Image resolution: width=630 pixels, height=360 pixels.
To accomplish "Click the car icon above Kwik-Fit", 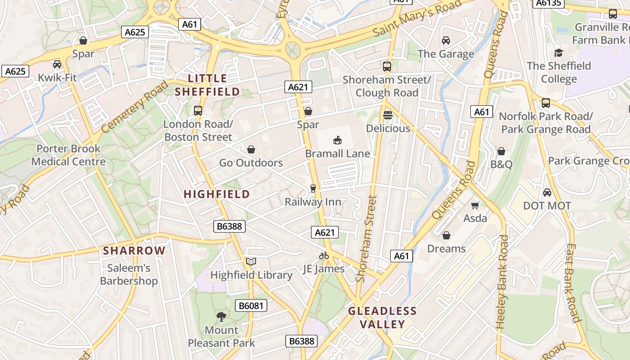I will [x=57, y=64].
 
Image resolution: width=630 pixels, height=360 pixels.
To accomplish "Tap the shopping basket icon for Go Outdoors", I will [x=251, y=149].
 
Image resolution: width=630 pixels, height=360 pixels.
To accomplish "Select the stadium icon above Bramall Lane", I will [x=337, y=140].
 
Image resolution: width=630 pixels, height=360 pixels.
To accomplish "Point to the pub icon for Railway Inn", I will [x=313, y=189].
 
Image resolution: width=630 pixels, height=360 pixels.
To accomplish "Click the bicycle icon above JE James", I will [x=324, y=256].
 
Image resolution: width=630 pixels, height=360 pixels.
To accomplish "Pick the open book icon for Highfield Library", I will [x=251, y=261].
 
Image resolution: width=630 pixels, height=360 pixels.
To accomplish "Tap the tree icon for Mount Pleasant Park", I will [x=221, y=317].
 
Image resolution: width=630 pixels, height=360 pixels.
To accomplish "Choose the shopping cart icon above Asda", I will [x=475, y=205].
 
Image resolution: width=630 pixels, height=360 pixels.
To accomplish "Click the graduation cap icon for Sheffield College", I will [x=558, y=53].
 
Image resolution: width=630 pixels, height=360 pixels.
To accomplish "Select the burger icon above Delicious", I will [x=387, y=115].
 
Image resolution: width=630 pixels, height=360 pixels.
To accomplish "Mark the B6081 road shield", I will [x=251, y=306].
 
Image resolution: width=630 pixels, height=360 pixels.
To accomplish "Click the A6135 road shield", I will [x=548, y=3].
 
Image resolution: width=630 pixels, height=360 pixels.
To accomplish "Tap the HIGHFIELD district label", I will [x=216, y=194].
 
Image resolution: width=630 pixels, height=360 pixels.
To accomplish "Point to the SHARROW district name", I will [x=134, y=251].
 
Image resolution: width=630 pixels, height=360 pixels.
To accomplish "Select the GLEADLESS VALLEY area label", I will [x=382, y=318].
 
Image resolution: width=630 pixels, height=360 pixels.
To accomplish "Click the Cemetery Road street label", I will [x=134, y=107].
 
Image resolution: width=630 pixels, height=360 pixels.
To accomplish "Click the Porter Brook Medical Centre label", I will [x=68, y=155].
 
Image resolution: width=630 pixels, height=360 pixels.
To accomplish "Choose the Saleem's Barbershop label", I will [x=129, y=274].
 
